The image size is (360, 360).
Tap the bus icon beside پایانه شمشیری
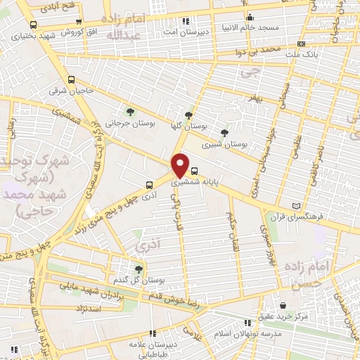click(195, 169)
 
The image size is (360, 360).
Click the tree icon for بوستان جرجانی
click(129, 112)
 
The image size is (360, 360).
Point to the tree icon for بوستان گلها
click(188, 115)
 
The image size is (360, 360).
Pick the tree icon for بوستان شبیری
click(224, 132)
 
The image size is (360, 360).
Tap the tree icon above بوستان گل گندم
click(138, 269)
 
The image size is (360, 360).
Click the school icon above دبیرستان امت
click(185, 22)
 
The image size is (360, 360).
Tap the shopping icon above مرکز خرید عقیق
click(282, 305)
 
